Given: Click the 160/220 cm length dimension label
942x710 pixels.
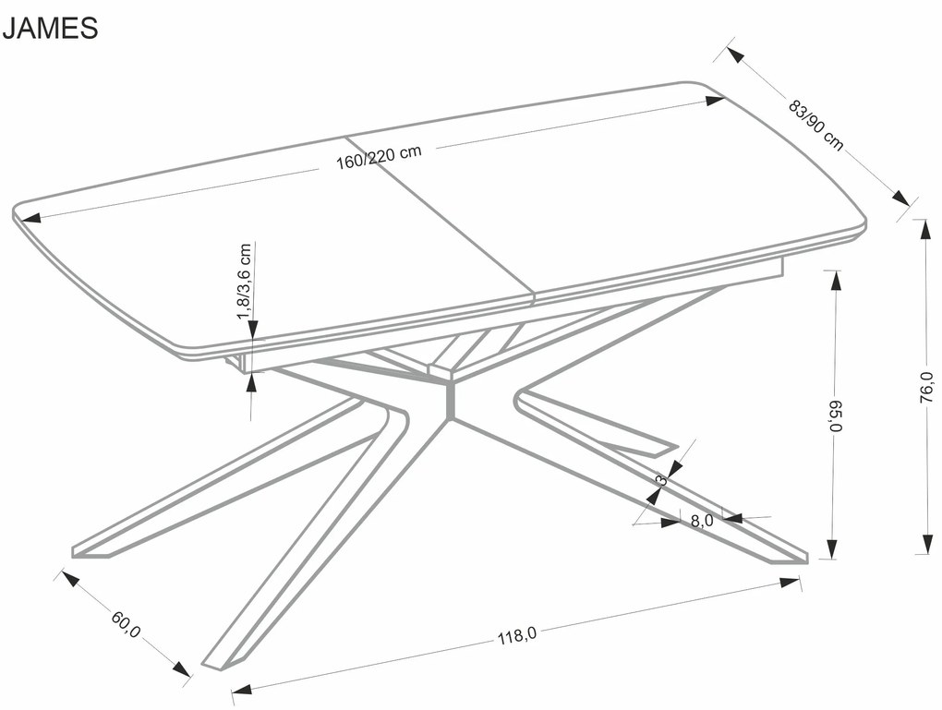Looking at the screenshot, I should [x=379, y=159].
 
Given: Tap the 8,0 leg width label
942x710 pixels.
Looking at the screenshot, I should [x=702, y=521].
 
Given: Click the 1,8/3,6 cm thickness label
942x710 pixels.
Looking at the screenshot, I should [x=245, y=282].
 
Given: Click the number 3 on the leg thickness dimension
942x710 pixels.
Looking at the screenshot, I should [x=660, y=479].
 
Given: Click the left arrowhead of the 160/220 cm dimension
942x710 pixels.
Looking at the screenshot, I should [x=28, y=219].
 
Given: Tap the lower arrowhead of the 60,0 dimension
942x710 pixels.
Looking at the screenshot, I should [x=184, y=669].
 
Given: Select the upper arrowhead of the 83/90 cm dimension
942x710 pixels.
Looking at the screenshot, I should [x=736, y=54].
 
